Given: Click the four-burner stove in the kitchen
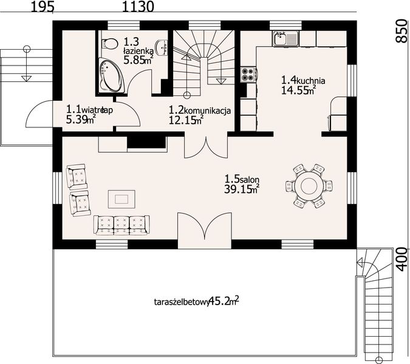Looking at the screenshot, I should [x=249, y=74].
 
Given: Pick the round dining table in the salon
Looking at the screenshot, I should [x=309, y=184].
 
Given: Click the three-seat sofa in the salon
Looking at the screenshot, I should [x=121, y=224].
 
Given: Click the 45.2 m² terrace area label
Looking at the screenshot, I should [x=223, y=300].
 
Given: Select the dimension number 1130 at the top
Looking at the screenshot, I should [x=138, y=7].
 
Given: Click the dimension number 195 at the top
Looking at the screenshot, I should [x=42, y=7].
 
